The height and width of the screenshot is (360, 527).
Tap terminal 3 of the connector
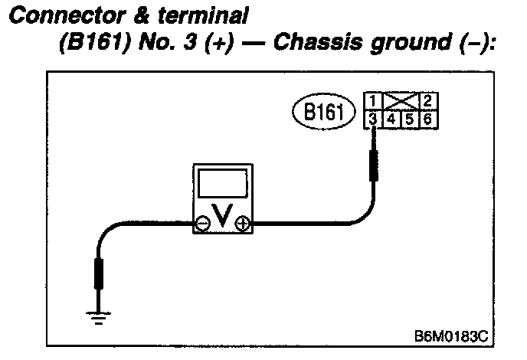click(371, 119)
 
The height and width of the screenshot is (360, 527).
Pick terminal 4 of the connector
click(390, 119)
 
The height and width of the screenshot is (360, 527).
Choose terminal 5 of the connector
click(409, 119)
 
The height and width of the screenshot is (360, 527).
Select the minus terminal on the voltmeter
click(202, 224)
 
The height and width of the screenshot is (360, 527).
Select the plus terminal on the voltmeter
click(244, 224)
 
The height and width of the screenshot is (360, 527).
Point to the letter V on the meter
click(223, 220)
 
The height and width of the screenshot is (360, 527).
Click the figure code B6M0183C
click(450, 335)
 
